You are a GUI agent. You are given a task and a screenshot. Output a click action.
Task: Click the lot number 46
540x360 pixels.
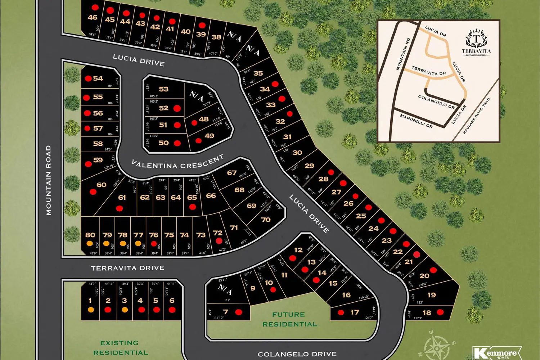pyautogui.click(x=93, y=17)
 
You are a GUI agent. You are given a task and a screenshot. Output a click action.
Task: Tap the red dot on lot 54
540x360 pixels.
pyautogui.click(x=88, y=78)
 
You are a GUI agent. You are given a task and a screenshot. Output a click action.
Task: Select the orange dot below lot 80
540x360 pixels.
pyautogui.click(x=90, y=243)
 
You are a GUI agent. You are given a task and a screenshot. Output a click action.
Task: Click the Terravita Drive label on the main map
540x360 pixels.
pyautogui.click(x=128, y=268)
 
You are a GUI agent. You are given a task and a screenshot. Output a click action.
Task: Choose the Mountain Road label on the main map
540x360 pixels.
pyautogui.click(x=49, y=180)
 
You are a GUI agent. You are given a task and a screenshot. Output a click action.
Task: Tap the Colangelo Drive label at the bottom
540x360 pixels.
pyautogui.click(x=297, y=354)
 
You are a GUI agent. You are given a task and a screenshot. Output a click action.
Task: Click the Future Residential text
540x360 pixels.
pyautogui.click(x=289, y=319)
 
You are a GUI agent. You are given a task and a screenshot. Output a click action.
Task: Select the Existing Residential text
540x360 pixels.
pyautogui.click(x=120, y=348)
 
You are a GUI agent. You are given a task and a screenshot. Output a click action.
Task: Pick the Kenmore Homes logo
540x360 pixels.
pyautogui.click(x=497, y=353)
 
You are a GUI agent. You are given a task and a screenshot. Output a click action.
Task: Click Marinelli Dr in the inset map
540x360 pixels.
pyautogui.click(x=416, y=121)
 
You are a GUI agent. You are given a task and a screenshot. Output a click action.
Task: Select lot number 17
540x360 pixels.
pyautogui.click(x=355, y=312)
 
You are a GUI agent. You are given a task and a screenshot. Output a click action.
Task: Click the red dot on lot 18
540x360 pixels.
pyautogui.click(x=440, y=312)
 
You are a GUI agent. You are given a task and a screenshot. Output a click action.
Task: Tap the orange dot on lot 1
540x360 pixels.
pyautogui.click(x=91, y=310)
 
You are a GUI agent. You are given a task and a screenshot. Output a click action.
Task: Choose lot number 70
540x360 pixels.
pyautogui.click(x=266, y=220)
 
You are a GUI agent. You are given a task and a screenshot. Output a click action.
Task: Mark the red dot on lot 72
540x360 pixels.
pyautogui.click(x=219, y=240)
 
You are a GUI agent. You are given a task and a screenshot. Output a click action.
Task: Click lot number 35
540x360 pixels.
pyautogui.click(x=258, y=73)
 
